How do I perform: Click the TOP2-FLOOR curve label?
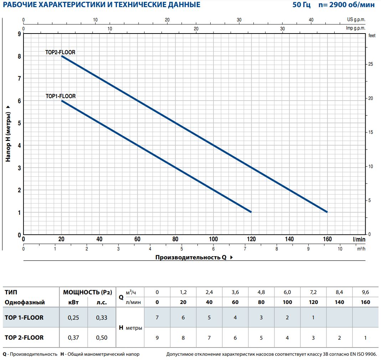[60, 52]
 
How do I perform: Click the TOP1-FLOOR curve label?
[61, 96]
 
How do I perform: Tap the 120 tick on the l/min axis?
[251, 239]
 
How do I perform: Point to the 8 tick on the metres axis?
[19, 56]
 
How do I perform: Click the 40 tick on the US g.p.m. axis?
[311, 20]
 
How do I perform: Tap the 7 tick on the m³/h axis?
[245, 249]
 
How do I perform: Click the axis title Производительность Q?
[191, 257]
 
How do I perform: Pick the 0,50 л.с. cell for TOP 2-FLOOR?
[101, 338]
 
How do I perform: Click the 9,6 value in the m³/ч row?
[365, 292]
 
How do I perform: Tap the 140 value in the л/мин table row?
[339, 302]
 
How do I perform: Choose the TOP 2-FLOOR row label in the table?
[24, 338]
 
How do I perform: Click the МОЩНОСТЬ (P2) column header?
[87, 292]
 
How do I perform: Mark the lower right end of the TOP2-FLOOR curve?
[327, 212]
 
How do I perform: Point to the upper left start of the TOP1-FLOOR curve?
[62, 101]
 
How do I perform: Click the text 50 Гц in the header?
[301, 5]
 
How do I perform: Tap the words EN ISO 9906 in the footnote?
[361, 354]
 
